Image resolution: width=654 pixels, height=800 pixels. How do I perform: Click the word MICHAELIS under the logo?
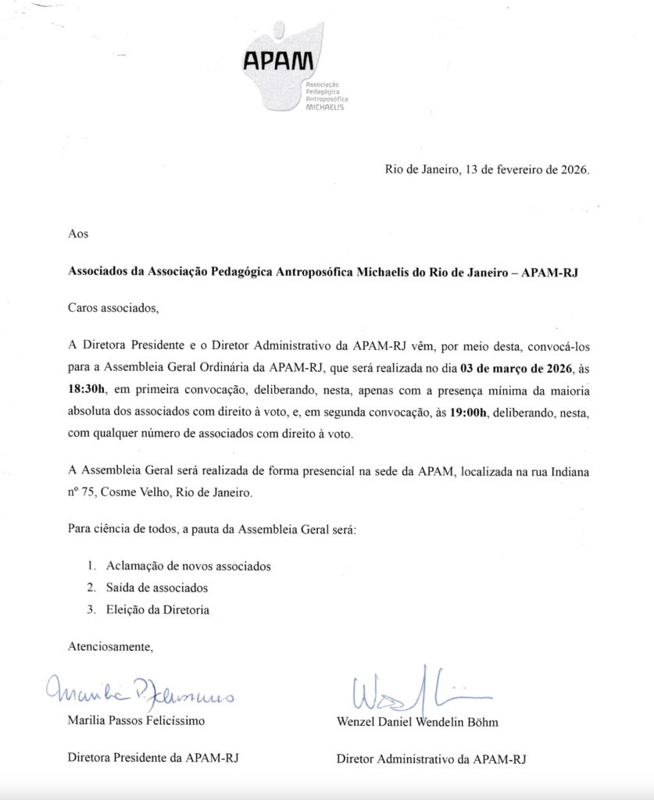pos(325,107)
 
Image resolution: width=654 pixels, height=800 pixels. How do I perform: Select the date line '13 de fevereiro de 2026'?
pos(527,170)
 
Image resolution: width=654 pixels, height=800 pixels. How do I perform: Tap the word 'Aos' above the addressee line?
pos(79,233)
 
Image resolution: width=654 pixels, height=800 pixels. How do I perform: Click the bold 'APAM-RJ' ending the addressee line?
pos(551,273)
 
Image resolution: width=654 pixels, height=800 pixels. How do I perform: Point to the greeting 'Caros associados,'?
pos(113,307)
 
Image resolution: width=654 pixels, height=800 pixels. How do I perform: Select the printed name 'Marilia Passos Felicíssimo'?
pos(137,721)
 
